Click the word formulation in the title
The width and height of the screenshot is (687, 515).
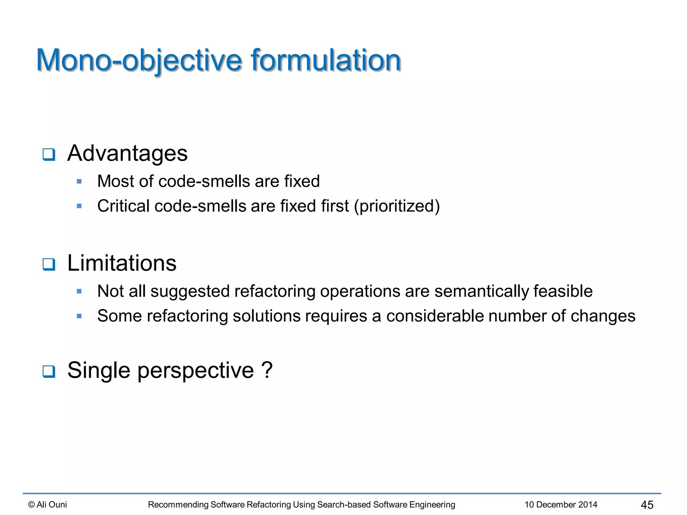coord(326,60)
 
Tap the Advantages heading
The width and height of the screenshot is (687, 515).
coord(127,154)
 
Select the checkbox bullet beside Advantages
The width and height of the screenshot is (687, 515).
coord(49,155)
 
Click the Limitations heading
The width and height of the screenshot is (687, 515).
coord(122,263)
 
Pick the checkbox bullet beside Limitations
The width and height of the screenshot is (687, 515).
coord(49,264)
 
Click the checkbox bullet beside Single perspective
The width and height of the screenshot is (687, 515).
coord(49,371)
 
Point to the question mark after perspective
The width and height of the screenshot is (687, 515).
coord(267,370)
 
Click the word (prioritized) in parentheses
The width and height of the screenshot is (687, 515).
coord(397,206)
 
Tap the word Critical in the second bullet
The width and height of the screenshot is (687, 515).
coord(123,206)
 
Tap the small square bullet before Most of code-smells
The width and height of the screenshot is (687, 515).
coord(79,182)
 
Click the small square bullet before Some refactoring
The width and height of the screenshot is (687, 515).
coord(79,316)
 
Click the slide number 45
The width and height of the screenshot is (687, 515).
coord(647,505)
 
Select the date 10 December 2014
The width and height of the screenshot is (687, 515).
coord(561,505)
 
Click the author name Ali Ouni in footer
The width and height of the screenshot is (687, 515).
coord(51,505)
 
